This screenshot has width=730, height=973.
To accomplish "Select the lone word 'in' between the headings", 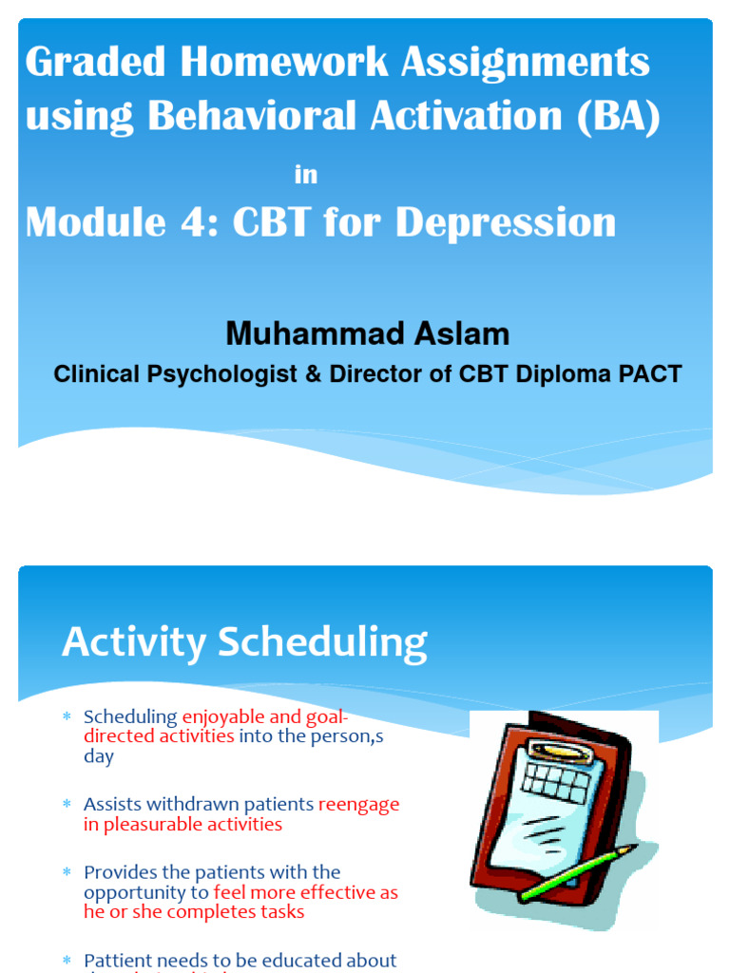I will (x=305, y=175).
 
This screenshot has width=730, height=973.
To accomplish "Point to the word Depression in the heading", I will (x=506, y=223).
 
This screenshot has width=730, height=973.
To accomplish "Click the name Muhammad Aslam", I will (x=367, y=334).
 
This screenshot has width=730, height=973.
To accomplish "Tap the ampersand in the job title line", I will (x=312, y=373).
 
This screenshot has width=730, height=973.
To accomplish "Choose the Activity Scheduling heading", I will (x=244, y=643).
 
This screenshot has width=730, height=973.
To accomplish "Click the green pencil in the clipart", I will (x=577, y=871).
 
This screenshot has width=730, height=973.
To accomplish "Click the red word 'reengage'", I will (x=358, y=804).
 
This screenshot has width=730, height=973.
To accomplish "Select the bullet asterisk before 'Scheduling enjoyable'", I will (x=67, y=716).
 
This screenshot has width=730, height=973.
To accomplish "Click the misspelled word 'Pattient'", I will (x=118, y=961).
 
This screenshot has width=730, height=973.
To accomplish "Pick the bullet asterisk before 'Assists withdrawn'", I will (x=67, y=804).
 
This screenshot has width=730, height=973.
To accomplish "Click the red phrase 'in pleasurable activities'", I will (x=182, y=824).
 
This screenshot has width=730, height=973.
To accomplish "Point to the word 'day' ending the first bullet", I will (x=98, y=756).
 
